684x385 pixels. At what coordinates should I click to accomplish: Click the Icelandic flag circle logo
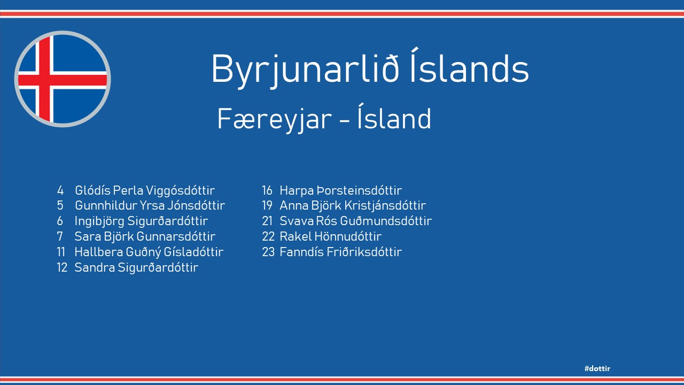point(63,79)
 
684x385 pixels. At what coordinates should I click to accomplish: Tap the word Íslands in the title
point(469,66)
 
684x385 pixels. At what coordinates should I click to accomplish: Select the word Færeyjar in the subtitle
point(275,120)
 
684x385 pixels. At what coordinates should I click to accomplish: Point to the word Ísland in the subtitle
point(394,116)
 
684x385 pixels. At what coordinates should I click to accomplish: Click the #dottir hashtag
point(597,368)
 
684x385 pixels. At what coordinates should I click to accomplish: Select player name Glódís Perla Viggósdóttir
point(145,190)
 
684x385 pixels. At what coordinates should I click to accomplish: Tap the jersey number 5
point(60,205)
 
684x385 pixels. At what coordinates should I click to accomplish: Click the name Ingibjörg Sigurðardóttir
point(142,221)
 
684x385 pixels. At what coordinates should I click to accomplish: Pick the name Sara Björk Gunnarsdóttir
point(145,236)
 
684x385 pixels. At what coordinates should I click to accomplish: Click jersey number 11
point(61,252)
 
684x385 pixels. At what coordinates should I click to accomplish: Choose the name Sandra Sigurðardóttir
point(136,267)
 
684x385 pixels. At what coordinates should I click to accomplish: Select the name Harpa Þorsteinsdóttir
point(341,190)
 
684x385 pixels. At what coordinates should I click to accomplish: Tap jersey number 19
point(267,205)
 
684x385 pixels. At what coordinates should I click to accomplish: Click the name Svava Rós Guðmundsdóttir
point(356,221)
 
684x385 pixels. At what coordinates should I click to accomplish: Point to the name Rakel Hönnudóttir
point(331,236)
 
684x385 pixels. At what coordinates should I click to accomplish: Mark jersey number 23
point(268,252)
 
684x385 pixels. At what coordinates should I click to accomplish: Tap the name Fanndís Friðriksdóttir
point(341,252)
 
